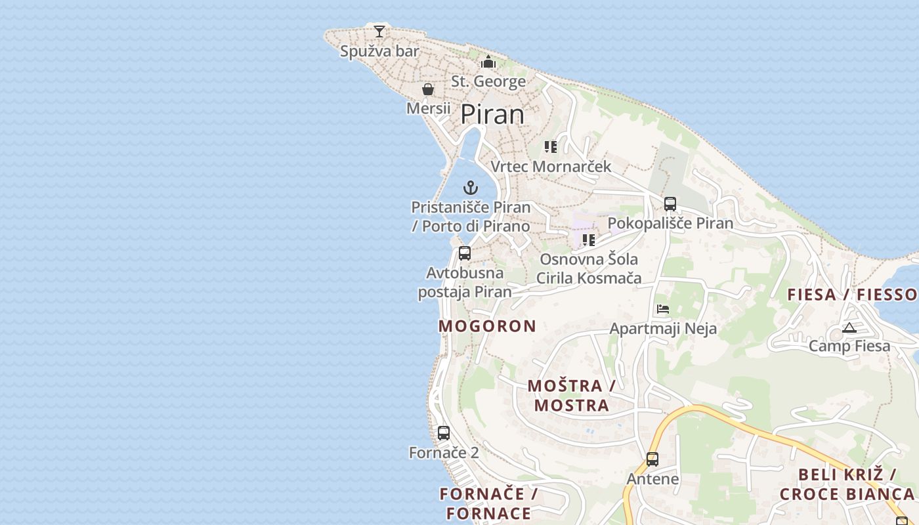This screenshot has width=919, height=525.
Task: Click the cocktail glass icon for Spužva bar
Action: tap(379, 31)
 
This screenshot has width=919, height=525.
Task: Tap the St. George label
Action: tap(488, 81)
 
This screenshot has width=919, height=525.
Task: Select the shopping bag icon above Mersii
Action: tap(428, 89)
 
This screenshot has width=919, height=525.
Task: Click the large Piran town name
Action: tap(492, 114)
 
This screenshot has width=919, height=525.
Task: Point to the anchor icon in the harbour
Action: tap(471, 188)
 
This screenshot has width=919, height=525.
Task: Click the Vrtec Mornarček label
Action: tap(551, 167)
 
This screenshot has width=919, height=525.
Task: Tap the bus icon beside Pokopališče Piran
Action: tap(670, 204)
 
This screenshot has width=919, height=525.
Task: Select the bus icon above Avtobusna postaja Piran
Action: tap(465, 253)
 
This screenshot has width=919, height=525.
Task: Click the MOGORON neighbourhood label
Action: tap(487, 326)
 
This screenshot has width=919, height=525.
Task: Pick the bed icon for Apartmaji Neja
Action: tap(663, 309)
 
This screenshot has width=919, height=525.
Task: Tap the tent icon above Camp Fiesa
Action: tap(849, 327)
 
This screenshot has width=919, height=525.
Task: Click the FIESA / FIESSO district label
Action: tap(853, 295)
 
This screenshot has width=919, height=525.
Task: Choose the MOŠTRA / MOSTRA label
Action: tap(571, 395)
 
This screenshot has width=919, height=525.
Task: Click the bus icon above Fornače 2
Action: tap(444, 433)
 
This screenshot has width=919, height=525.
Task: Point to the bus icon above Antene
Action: tap(652, 459)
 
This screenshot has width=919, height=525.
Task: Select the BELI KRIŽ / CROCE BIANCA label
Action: tap(847, 484)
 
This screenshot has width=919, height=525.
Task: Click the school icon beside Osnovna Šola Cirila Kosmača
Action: tap(589, 240)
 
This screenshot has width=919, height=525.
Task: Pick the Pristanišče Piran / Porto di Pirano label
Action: tap(470, 217)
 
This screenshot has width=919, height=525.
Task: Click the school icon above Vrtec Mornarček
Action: tap(551, 147)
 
